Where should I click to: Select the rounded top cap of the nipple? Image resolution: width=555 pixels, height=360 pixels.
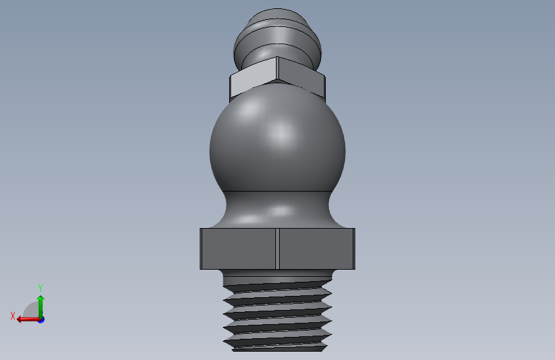(277, 18)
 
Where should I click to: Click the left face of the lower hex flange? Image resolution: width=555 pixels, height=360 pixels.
(239, 249)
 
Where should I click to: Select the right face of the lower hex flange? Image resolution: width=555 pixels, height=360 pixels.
(316, 249)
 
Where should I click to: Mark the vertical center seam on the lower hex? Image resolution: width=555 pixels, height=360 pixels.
(278, 249)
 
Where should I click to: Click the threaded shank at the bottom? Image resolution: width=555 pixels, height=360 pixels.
(278, 314)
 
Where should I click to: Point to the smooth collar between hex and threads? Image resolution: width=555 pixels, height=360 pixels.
(278, 275)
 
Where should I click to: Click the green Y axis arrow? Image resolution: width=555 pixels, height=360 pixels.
(40, 304)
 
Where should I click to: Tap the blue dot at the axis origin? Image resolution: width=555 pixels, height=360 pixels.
(41, 319)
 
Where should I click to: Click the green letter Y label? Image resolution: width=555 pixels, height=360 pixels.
(40, 288)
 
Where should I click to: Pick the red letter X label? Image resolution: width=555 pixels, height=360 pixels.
(13, 316)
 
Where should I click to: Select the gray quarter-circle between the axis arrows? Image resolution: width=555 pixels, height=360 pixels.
(31, 311)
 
